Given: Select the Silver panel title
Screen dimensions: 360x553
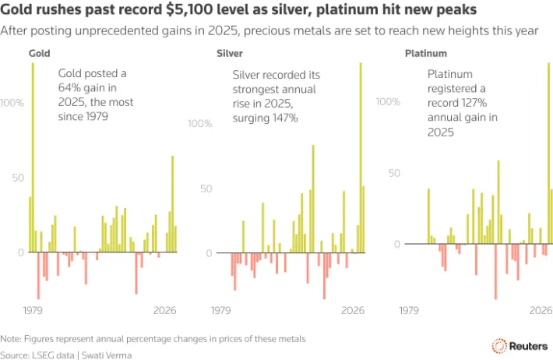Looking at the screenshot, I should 230,54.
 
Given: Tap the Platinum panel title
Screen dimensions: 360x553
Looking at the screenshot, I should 425,54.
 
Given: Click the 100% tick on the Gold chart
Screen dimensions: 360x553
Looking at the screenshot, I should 13,103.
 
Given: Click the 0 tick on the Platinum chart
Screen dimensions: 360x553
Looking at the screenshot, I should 396,244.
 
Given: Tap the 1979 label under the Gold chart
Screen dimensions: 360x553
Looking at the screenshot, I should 32,311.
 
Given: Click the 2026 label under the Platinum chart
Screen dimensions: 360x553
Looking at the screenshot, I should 541,311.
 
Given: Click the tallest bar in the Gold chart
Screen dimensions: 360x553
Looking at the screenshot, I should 33,156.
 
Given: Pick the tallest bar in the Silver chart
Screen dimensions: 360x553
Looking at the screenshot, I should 361,156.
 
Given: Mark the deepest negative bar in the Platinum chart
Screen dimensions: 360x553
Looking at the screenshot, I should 495,271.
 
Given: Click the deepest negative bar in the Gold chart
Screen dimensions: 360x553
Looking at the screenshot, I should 38,275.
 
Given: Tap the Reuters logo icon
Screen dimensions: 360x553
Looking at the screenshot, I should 499,345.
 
